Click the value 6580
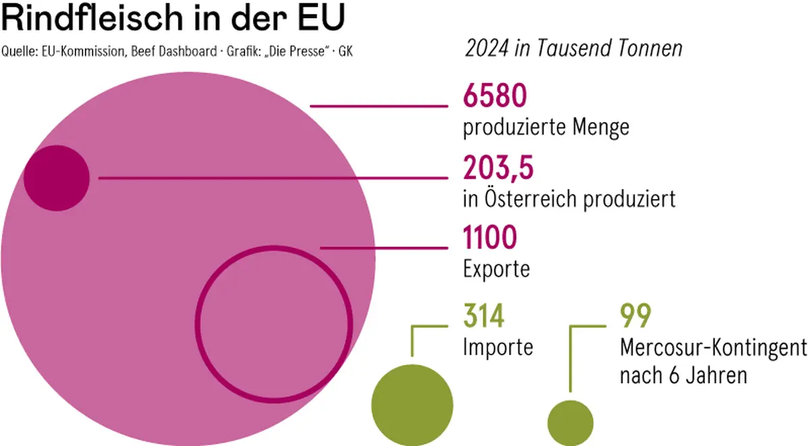[494, 96]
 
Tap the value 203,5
[498, 168]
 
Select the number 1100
[490, 238]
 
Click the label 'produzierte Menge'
[546, 127]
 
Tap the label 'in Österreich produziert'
[569, 198]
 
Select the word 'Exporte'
[496, 269]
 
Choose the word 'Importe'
[498, 347]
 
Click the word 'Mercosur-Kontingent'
[713, 348]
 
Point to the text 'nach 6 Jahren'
[683, 374]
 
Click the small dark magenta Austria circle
[56, 178]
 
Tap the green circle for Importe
[411, 403]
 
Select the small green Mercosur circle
[570, 422]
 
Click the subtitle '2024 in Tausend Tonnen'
[573, 49]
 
